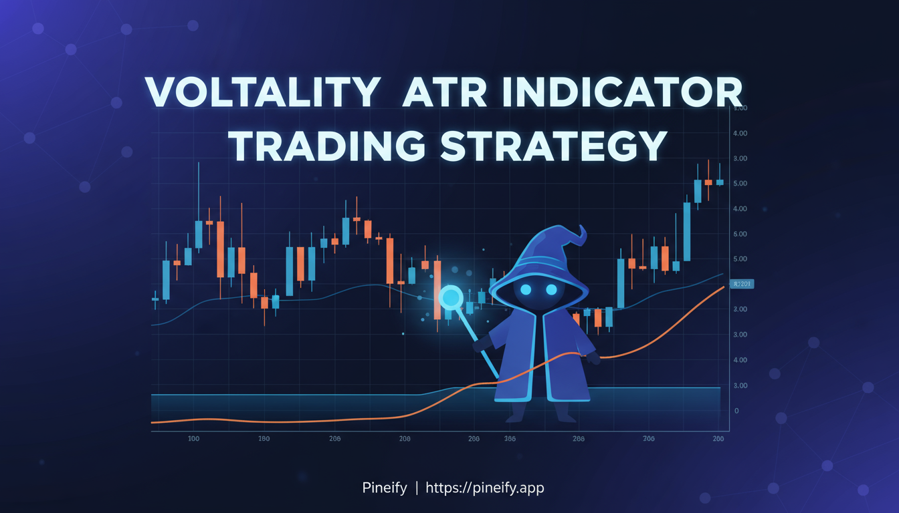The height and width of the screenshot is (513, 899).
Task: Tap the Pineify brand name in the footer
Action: (x=384, y=488)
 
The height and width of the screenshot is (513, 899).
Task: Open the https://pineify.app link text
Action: (x=485, y=488)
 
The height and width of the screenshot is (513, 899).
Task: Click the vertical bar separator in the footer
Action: (x=416, y=488)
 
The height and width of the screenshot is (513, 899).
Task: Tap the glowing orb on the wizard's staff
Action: (x=451, y=296)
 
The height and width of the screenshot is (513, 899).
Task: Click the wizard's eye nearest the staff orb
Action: (x=526, y=289)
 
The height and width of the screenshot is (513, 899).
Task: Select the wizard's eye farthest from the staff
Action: (x=551, y=289)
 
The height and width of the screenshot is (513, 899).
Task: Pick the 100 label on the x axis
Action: (x=193, y=439)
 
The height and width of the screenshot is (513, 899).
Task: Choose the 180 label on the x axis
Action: (x=264, y=439)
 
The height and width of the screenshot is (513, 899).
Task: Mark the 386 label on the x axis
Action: (x=509, y=439)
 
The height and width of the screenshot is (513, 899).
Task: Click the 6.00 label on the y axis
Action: (x=740, y=234)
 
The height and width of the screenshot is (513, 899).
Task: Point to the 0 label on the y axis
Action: (x=736, y=411)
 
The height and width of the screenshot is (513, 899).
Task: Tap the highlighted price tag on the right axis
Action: (x=743, y=284)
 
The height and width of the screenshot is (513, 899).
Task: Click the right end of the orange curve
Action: (x=724, y=287)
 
